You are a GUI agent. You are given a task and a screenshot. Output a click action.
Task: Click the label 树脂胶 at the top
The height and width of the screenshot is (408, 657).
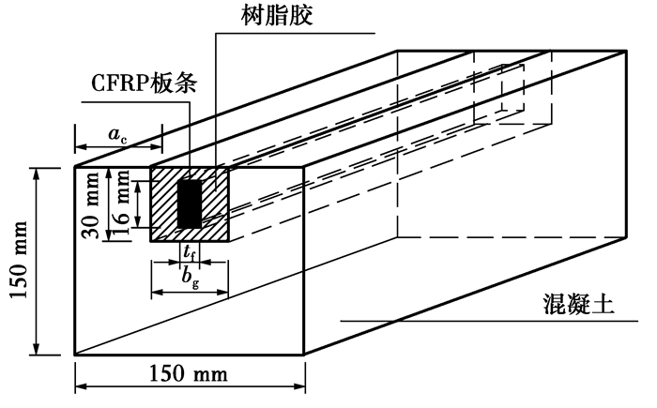click(x=277, y=16)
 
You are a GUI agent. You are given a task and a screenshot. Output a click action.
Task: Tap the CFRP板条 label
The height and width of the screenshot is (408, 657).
click(x=145, y=83)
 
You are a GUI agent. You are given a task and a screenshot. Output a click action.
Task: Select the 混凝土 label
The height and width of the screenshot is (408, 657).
click(x=579, y=303)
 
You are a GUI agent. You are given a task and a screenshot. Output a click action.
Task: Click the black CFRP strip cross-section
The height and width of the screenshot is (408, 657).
click(x=190, y=204)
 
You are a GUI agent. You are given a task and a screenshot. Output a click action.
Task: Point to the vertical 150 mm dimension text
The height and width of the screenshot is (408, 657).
click(x=20, y=260)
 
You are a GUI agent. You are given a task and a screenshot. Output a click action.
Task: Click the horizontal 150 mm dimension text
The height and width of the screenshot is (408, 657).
click(x=189, y=373)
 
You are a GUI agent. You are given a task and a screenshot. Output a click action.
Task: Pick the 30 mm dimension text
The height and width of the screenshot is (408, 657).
click(x=91, y=204)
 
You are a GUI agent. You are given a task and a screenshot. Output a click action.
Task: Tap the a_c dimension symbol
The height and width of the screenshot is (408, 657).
click(x=117, y=135)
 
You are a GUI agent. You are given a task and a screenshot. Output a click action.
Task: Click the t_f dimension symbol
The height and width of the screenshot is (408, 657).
click(x=190, y=252)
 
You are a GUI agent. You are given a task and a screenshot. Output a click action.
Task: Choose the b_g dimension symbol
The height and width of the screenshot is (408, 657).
click(x=191, y=279)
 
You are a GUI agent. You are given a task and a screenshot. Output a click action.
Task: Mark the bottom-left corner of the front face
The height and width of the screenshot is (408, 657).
click(x=75, y=355)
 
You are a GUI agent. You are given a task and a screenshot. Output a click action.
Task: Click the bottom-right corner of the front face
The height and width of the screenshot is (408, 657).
click(x=304, y=355)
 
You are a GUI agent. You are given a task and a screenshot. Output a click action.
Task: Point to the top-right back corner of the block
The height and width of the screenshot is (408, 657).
click(x=626, y=51)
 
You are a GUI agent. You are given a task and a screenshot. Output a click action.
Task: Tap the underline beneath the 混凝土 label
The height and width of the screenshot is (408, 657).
click(x=489, y=322)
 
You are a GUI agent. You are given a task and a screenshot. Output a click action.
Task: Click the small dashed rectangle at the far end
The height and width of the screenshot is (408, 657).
click(x=512, y=87)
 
